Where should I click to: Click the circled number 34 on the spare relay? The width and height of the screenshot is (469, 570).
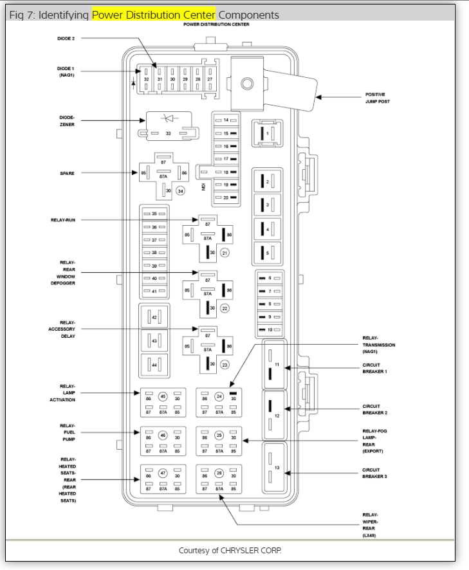[181, 191]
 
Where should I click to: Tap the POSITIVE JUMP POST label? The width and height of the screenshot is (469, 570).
[378, 98]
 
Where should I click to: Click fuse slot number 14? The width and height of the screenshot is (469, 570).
[226, 120]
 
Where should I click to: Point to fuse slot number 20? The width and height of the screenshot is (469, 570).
[226, 198]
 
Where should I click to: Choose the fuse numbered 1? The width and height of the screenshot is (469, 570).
[268, 133]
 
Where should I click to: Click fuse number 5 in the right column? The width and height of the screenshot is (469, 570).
[268, 253]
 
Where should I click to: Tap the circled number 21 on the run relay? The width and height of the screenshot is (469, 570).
[225, 253]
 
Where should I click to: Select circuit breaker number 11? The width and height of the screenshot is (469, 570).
[277, 365]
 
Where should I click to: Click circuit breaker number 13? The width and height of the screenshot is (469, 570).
[277, 468]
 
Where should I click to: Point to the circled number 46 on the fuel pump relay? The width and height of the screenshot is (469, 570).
[163, 436]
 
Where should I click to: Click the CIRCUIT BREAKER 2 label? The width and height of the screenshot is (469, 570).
[374, 409]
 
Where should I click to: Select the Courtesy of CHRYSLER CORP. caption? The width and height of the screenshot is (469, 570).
[230, 551]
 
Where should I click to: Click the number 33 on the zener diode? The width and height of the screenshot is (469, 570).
[168, 133]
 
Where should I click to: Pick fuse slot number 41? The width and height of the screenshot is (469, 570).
[154, 291]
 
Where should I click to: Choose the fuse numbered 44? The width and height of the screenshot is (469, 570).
[154, 365]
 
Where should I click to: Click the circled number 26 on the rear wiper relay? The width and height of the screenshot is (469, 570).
[219, 474]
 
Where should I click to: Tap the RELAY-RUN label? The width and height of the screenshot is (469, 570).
[62, 220]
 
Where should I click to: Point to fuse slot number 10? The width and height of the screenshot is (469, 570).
[270, 329]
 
